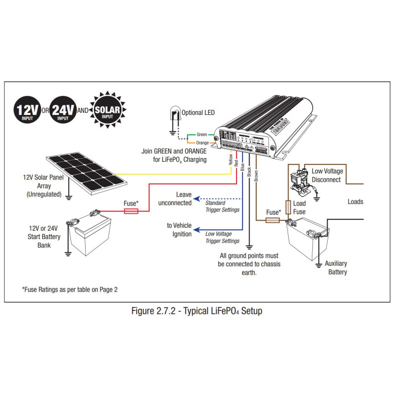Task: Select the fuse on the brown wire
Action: point(273,219)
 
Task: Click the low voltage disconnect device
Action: point(297,178)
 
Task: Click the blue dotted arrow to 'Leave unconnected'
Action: point(218,198)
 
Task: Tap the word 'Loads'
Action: point(355,201)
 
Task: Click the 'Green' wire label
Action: point(202,134)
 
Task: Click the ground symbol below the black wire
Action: point(249,246)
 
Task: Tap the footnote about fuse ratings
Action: point(70,289)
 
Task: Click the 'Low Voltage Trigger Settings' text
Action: point(222,237)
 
